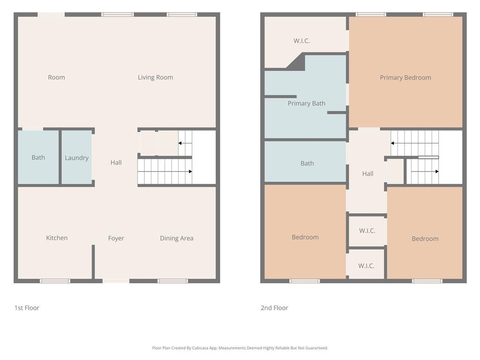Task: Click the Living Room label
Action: click(155, 77)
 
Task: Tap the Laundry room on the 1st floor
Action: click(76, 158)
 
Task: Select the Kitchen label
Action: click(57, 238)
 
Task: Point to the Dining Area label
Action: click(176, 238)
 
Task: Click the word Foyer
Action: click(116, 238)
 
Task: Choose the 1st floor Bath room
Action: click(38, 157)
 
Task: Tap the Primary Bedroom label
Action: click(405, 78)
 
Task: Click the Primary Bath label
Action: click(306, 104)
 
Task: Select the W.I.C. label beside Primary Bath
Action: click(301, 41)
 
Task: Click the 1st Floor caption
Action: click(27, 308)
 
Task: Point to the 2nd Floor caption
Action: click(274, 308)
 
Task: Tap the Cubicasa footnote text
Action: click(240, 348)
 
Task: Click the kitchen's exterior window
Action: click(55, 281)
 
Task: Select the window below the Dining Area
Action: click(172, 281)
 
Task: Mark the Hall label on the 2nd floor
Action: click(367, 174)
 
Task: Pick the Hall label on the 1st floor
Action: click(116, 163)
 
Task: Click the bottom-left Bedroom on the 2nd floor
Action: click(305, 237)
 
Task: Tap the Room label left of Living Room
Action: click(56, 77)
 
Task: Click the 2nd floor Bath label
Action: click(307, 164)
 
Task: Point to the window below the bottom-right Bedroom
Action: click(427, 281)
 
